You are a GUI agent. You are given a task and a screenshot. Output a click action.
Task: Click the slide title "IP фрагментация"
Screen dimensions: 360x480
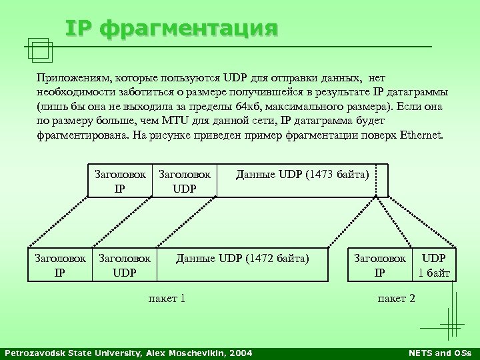point(170,29)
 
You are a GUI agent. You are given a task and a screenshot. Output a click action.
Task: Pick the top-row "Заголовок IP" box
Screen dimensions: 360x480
point(120,180)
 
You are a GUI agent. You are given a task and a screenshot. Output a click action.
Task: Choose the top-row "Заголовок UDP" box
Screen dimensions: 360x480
point(185,180)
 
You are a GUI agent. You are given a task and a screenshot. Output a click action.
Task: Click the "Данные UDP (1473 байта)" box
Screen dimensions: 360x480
point(302,175)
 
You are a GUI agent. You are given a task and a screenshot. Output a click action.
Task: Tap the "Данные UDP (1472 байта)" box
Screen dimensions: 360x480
point(243,257)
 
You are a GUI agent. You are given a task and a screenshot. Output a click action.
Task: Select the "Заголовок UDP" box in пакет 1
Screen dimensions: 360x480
point(124,263)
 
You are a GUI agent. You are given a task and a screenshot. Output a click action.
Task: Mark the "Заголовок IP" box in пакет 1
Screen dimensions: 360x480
point(59,263)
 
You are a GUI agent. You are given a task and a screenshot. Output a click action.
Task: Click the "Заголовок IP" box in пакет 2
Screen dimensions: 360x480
point(379,263)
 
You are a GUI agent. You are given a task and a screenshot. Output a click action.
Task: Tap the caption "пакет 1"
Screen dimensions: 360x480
point(166,298)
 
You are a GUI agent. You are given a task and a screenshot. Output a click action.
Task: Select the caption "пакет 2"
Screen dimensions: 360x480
point(396,298)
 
